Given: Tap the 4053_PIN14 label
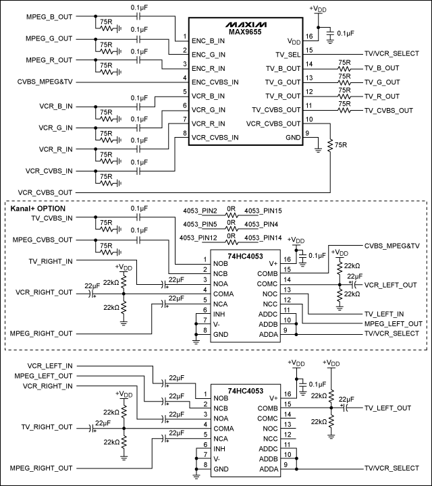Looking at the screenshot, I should [263, 237].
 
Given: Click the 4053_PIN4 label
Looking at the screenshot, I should [261, 224].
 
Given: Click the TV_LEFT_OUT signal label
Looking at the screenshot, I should [387, 408].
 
